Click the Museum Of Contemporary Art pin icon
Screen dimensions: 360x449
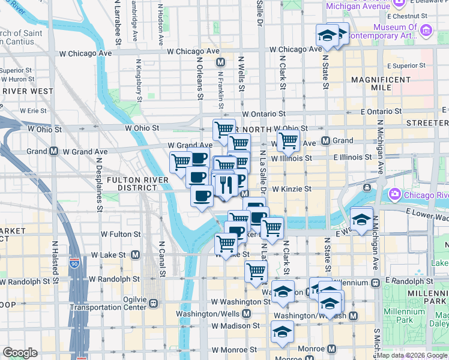coord(426,29)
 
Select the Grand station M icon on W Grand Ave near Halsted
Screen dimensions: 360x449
coord(54,151)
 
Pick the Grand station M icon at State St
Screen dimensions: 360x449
coord(326,141)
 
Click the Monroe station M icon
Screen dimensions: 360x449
coord(331,349)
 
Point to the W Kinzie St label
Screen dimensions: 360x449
coord(291,188)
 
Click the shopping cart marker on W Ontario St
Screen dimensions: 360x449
coord(224,128)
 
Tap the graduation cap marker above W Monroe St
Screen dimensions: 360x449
coord(282,331)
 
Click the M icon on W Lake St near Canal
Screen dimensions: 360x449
coord(135,254)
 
